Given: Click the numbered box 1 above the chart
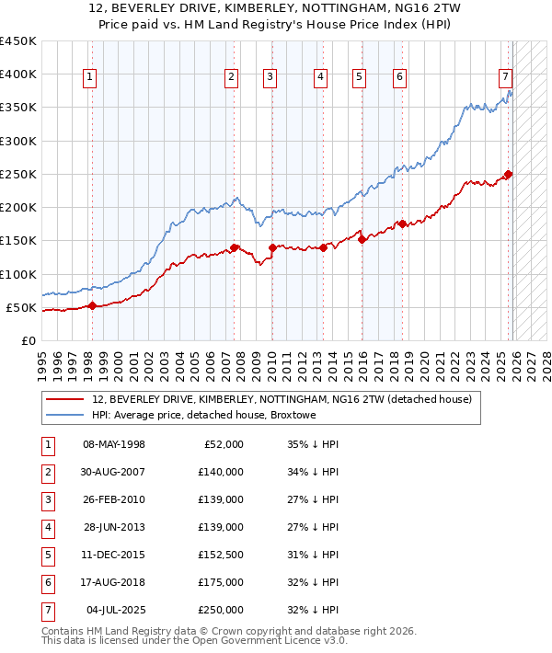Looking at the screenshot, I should tap(90, 78).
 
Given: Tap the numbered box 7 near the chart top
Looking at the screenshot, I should tap(506, 78).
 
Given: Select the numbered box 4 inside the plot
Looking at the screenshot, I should tap(320, 78).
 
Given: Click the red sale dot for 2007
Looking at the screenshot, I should tap(235, 247).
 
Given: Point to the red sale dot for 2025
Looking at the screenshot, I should tap(509, 174).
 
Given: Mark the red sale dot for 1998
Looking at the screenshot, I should tap(92, 306).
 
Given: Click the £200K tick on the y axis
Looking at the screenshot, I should tap(17, 208).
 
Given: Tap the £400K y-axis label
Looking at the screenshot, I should tap(17, 74).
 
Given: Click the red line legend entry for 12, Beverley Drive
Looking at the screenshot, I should tap(282, 399).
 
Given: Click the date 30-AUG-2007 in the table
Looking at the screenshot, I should tap(113, 472).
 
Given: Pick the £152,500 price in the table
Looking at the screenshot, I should tap(220, 555).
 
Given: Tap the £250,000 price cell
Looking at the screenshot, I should tap(220, 610).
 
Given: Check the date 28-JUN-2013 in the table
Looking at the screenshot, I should tap(113, 527).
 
